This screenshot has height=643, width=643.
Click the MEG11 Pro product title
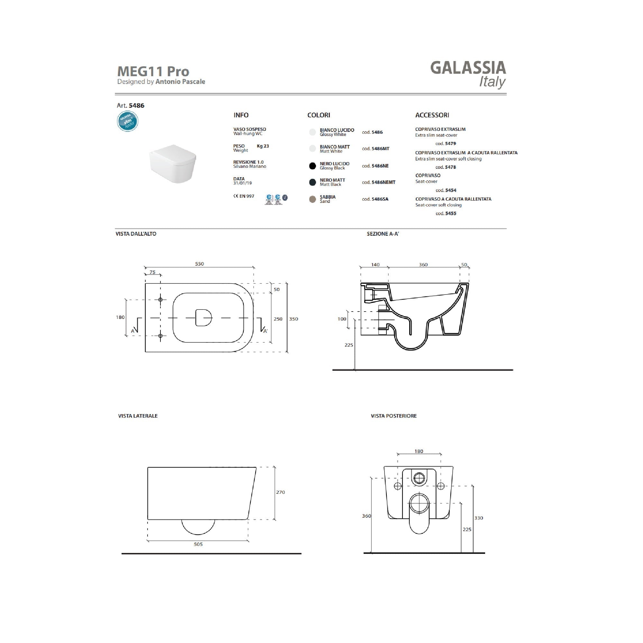coord(153,71)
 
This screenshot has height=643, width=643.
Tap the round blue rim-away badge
coord(127,121)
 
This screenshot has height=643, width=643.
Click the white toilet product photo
coord(172,163)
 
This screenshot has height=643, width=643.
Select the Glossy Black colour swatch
coord(312,166)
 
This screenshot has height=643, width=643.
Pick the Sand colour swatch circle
coord(312,199)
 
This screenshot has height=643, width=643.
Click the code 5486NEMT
coord(379,182)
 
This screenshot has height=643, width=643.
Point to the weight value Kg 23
coord(263,146)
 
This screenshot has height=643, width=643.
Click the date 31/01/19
coord(243,183)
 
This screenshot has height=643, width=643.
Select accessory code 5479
coord(446,143)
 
